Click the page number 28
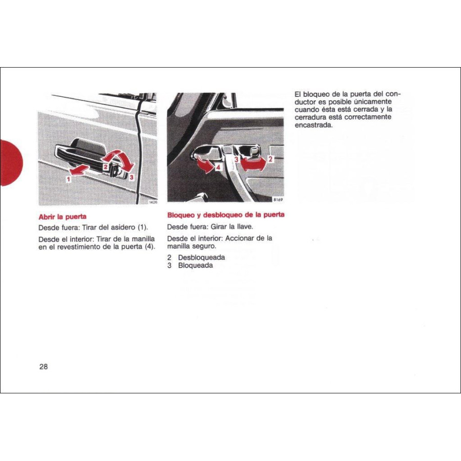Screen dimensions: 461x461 tap(43, 367)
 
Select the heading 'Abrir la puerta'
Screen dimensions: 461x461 tap(62, 217)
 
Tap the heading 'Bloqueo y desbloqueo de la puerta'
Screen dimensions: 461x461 tap(226, 215)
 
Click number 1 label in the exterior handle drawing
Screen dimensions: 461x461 tap(68, 179)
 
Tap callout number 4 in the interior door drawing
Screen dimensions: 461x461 tap(218, 166)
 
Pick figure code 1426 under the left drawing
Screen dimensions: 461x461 tap(152, 202)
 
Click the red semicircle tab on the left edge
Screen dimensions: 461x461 tap(10, 162)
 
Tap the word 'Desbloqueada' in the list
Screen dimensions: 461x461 tap(201, 257)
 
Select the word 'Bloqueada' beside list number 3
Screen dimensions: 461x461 tap(195, 265)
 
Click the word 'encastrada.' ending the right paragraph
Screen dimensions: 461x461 tap(314, 125)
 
